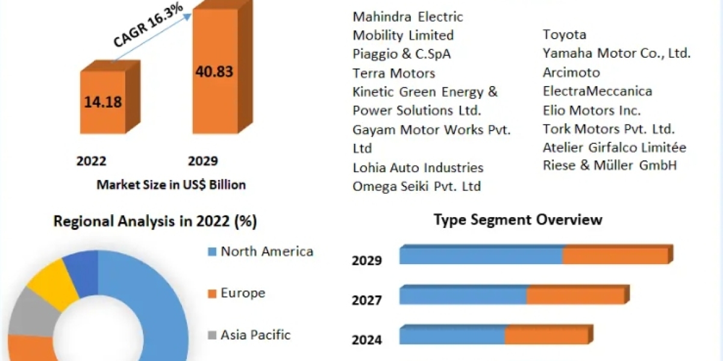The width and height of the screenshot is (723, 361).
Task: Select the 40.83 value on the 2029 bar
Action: (x=214, y=71)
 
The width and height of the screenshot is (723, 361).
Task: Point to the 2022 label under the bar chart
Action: (x=92, y=161)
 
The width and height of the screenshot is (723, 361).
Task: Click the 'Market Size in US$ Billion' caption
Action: (x=171, y=185)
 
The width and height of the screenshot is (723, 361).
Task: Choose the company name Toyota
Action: (x=565, y=35)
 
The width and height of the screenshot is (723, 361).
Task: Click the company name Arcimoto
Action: (x=571, y=73)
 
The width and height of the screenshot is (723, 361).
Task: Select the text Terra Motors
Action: (x=394, y=73)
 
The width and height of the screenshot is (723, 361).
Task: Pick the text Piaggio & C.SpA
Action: (x=402, y=54)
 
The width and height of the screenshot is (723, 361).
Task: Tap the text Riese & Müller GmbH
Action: (x=610, y=165)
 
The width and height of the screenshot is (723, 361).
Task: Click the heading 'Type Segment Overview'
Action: (x=518, y=220)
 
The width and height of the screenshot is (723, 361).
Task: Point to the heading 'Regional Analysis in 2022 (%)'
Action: (x=155, y=221)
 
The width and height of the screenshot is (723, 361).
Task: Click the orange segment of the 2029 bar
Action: (x=615, y=256)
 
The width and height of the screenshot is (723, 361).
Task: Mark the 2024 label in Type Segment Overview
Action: (x=367, y=340)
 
